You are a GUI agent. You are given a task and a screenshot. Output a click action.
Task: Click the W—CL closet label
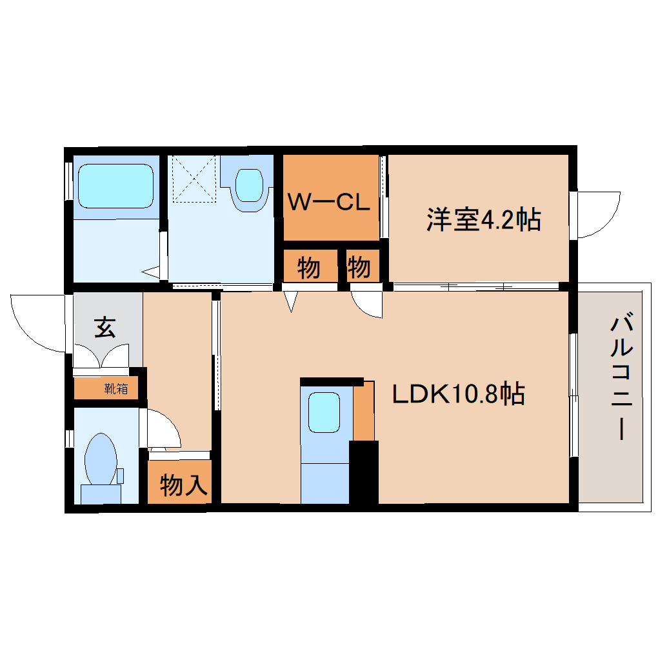pyautogui.click(x=328, y=203)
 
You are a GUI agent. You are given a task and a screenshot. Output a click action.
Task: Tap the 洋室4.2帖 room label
pyautogui.click(x=483, y=221)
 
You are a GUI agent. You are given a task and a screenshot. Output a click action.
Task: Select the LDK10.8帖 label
pyautogui.click(x=459, y=394)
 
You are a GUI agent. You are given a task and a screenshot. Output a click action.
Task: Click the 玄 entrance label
pyautogui.click(x=105, y=328)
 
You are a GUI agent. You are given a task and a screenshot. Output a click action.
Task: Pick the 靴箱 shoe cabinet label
pyautogui.click(x=115, y=389)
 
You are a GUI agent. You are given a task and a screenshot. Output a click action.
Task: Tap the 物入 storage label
pyautogui.click(x=183, y=484)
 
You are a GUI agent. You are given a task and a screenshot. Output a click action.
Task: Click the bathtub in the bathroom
pyautogui.click(x=115, y=185)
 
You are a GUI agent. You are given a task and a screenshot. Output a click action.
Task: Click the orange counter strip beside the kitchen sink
pyautogui.click(x=364, y=411)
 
